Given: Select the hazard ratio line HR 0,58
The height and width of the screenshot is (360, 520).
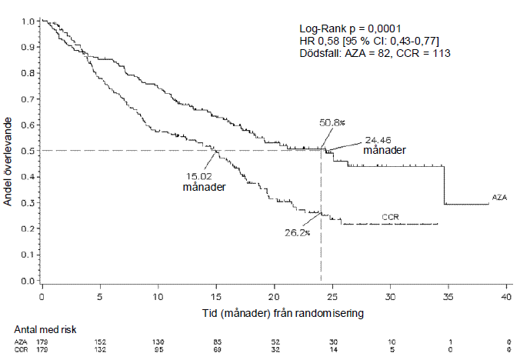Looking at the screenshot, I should [369, 40].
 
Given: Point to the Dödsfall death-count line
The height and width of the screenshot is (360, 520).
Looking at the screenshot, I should [374, 53].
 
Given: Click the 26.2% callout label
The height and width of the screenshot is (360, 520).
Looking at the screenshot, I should [297, 232].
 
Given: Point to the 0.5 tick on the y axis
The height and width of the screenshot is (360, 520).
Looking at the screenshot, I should [28, 151].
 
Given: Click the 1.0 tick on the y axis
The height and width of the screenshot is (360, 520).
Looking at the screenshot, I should [28, 22].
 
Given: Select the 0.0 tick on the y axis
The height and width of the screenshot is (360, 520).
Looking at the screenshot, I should [28, 281].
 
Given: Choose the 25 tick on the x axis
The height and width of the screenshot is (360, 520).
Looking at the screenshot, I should [332, 296].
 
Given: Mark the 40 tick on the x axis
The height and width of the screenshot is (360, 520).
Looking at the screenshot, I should [506, 296].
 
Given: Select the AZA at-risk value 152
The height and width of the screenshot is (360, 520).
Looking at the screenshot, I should [100, 341].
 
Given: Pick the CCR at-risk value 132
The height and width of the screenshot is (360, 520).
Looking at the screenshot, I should [100, 350].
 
